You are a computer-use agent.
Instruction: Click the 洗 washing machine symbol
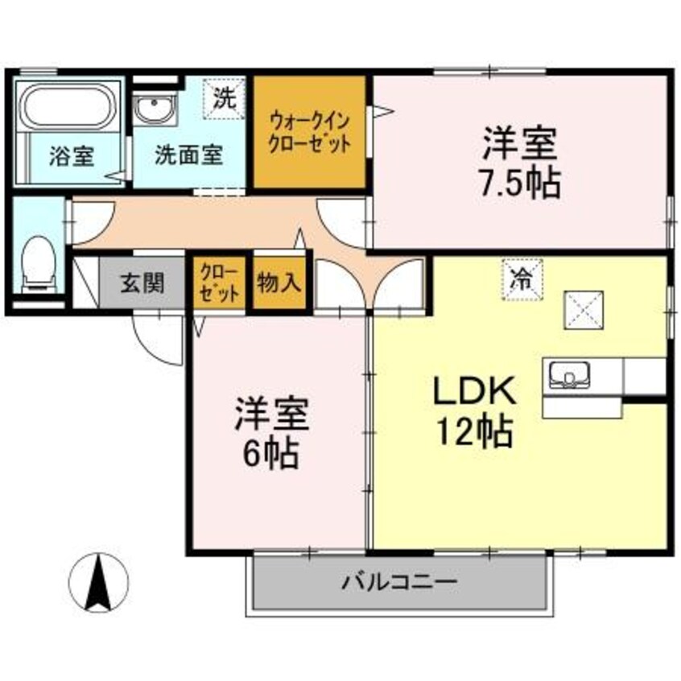(225, 100)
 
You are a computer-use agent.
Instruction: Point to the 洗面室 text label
(189, 155)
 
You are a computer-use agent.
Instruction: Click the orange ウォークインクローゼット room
(310, 133)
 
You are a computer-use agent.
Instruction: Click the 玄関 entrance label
(143, 283)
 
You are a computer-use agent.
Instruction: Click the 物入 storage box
(279, 283)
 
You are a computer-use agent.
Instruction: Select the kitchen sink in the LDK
(568, 374)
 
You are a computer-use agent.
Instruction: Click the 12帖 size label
(475, 434)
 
